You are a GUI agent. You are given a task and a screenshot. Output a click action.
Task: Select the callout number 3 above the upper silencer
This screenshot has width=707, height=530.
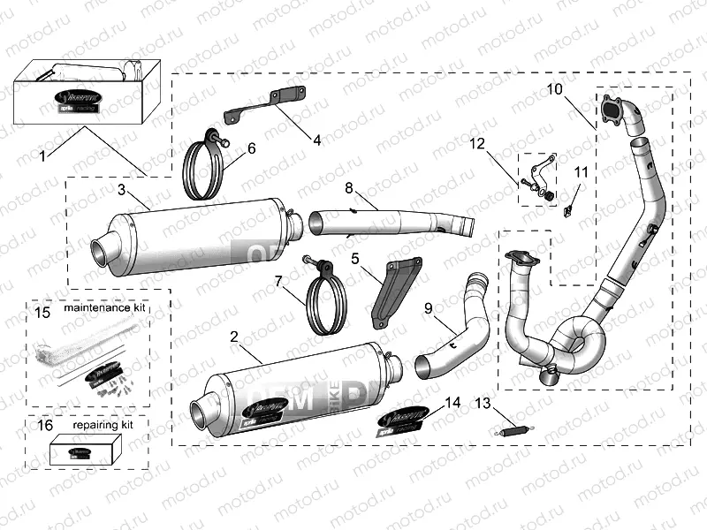[x=122, y=190]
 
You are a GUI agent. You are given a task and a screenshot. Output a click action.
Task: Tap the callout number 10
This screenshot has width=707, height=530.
[x=554, y=89]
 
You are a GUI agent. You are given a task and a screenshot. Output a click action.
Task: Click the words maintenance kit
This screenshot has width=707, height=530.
[x=103, y=311]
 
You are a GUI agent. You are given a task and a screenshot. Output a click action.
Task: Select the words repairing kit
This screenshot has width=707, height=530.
[x=103, y=425]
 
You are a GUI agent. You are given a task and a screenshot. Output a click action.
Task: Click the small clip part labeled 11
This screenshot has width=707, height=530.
[x=570, y=210]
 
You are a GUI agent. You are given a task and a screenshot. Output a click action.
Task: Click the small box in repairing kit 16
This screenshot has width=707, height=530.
[x=82, y=450]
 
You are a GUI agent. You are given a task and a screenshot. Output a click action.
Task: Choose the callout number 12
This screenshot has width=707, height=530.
[x=477, y=142]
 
